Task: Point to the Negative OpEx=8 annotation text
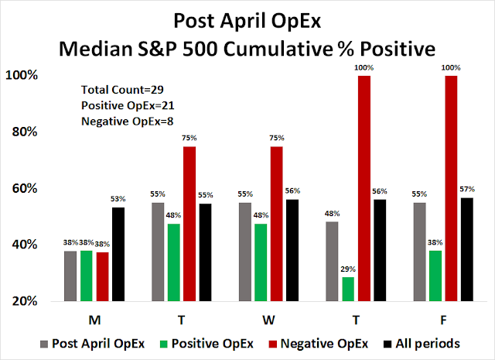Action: point(123,119)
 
